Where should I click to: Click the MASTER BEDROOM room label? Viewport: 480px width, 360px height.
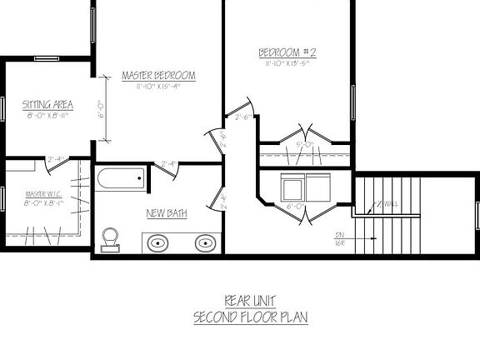tap(158, 76)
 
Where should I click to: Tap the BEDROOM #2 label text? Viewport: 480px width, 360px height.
tap(288, 52)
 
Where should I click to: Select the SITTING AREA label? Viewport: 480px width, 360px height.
tap(47, 105)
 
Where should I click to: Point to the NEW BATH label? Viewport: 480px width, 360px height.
tap(167, 213)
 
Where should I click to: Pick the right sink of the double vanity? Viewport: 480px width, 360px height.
tap(204, 243)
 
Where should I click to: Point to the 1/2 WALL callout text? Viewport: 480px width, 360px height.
tap(385, 204)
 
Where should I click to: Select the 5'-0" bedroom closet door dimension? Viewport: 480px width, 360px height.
tap(305, 145)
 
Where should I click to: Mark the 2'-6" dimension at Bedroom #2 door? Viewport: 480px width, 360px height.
tap(244, 117)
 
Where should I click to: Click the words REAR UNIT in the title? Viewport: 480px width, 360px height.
tap(250, 301)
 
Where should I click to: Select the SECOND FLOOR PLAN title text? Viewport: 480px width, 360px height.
tap(250, 317)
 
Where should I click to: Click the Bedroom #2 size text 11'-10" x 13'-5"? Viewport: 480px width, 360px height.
tap(288, 63)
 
